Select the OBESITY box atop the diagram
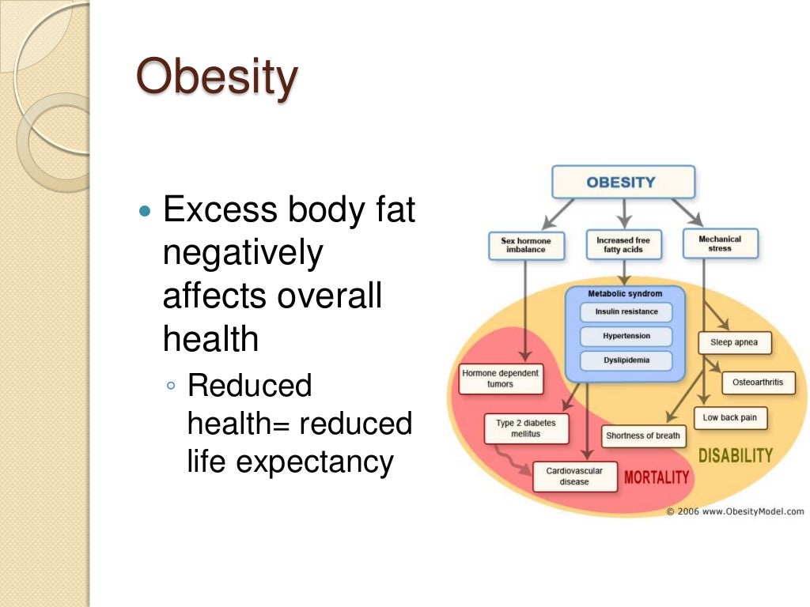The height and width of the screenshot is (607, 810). [x=622, y=182]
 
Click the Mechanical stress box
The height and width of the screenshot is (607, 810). [x=720, y=243]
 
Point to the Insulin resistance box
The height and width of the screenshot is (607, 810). [x=626, y=312]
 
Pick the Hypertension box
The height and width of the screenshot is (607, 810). [x=626, y=336]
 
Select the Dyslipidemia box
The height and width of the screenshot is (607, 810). [x=626, y=360]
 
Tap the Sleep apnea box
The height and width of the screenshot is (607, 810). [x=735, y=342]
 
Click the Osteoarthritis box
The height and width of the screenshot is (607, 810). [x=758, y=383]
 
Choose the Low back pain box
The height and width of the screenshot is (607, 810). [x=730, y=417]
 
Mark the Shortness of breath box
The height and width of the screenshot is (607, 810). [x=643, y=435]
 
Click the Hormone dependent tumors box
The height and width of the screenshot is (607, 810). [x=501, y=379]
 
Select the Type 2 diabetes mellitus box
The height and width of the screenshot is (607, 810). [x=525, y=428]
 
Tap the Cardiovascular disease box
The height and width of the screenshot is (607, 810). [x=574, y=476]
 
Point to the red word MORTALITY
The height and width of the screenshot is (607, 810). [x=657, y=477]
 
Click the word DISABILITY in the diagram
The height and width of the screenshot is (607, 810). [x=736, y=456]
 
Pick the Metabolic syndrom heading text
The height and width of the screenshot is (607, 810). [x=625, y=293]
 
